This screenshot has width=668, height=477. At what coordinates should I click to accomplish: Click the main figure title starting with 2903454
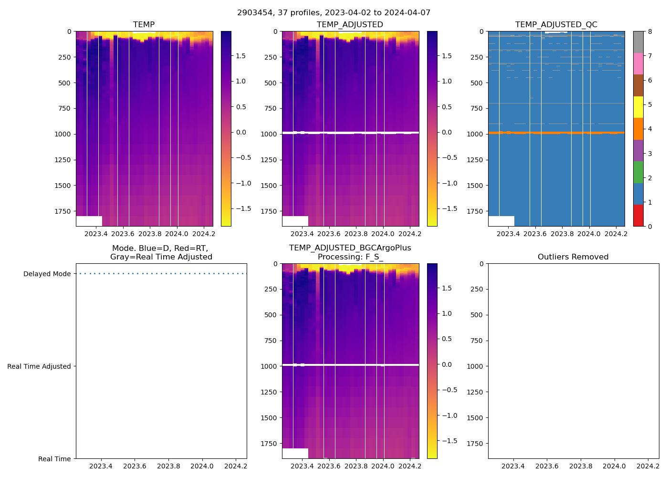tap(334, 13)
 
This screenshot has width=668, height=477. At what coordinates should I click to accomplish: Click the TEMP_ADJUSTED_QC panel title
tap(556, 25)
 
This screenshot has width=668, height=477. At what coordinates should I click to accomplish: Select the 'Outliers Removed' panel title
tap(573, 257)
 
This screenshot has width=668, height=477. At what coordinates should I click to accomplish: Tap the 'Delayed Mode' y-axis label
tap(47, 274)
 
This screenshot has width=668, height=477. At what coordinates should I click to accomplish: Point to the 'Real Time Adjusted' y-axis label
tap(39, 366)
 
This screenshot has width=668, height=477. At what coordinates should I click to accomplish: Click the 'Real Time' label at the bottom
tap(54, 459)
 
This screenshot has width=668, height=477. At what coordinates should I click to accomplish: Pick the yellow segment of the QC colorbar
tap(638, 107)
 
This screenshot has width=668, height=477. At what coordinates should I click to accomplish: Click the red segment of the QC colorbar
tap(638, 216)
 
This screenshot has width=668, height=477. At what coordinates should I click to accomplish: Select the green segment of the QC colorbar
tap(638, 172)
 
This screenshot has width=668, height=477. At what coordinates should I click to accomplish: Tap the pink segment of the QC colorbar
tap(638, 64)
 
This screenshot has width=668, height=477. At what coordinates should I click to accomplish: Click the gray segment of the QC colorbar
tap(638, 42)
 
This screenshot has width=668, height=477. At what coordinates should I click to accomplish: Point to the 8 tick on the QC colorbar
tap(650, 32)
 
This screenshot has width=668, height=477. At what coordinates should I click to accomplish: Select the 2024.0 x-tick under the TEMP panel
tap(177, 234)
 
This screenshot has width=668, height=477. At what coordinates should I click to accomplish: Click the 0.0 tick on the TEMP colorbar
tap(241, 132)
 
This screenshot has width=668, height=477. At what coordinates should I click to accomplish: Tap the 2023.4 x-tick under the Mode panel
tap(101, 466)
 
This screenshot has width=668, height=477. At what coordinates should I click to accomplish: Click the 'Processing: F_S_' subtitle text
tap(350, 257)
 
